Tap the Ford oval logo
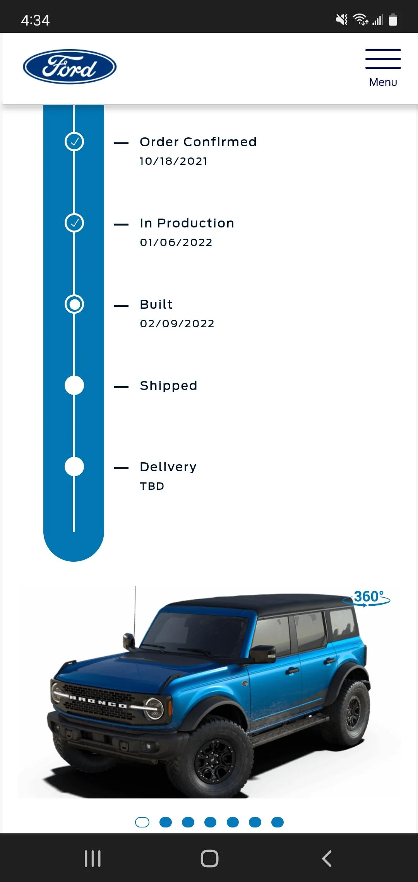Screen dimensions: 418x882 [70, 67]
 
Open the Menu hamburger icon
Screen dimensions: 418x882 [383, 59]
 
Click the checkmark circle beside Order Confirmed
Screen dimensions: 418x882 [74, 142]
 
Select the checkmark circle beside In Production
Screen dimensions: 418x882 [74, 223]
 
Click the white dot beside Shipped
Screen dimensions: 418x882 [74, 385]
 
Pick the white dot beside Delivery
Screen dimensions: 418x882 [74, 467]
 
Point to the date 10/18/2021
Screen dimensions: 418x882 [173, 161]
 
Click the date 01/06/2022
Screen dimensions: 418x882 [176, 243]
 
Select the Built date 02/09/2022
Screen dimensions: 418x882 [177, 324]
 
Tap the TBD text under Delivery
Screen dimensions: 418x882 [152, 486]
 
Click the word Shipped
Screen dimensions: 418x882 [168, 386]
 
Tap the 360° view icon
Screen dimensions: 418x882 [367, 598]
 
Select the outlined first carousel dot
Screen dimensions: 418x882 [142, 822]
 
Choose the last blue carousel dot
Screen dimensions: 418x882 [278, 822]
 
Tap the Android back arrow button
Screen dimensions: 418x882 [327, 859]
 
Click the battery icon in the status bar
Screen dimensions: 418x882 [393, 20]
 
